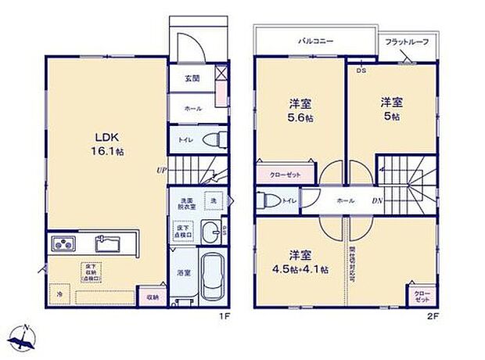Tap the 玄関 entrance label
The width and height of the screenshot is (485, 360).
191,77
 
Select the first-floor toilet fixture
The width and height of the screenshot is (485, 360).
210,141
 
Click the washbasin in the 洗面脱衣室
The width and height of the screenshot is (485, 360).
210,232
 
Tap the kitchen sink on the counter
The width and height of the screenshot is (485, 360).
108,243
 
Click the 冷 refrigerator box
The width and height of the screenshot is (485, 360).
59,294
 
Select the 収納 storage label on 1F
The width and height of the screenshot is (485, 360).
153,297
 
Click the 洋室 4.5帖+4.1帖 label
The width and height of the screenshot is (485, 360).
299,261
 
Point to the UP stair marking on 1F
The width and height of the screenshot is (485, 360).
161,170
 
